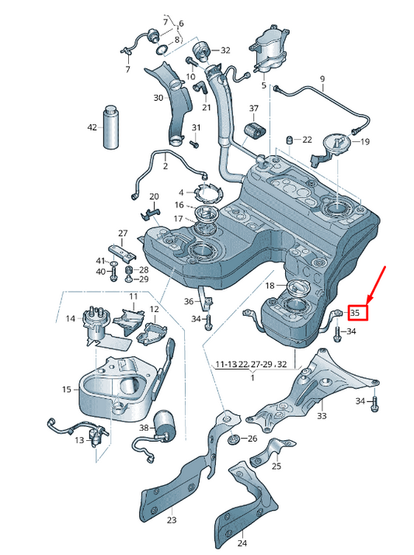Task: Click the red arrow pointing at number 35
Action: click(377, 283)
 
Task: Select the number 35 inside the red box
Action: click(357, 313)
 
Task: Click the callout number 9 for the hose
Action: click(322, 79)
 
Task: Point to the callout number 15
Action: click(66, 389)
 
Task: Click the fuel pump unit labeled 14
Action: click(94, 324)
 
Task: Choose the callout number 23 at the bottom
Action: click(172, 520)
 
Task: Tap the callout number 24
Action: click(242, 543)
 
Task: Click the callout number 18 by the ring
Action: click(270, 286)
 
